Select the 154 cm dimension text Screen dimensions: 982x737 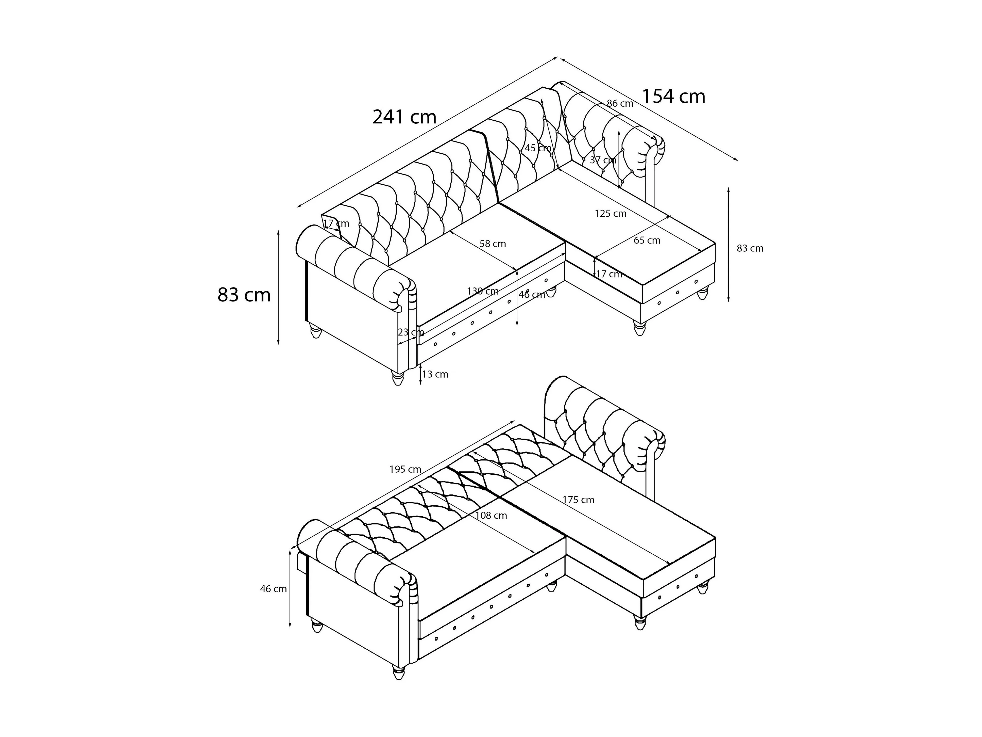[x=673, y=97]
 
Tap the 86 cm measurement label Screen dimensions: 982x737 [x=620, y=104]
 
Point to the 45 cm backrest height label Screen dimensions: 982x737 [x=538, y=148]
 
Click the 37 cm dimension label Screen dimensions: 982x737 [x=603, y=160]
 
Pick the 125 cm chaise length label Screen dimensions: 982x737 [x=611, y=214]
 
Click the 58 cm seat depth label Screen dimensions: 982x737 [x=492, y=244]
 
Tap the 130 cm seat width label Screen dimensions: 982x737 [x=483, y=292]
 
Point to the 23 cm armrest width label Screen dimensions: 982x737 [x=411, y=332]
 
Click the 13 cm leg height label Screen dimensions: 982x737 [x=435, y=375]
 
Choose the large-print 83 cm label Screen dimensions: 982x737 [x=244, y=295]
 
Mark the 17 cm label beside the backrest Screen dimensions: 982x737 [x=336, y=223]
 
